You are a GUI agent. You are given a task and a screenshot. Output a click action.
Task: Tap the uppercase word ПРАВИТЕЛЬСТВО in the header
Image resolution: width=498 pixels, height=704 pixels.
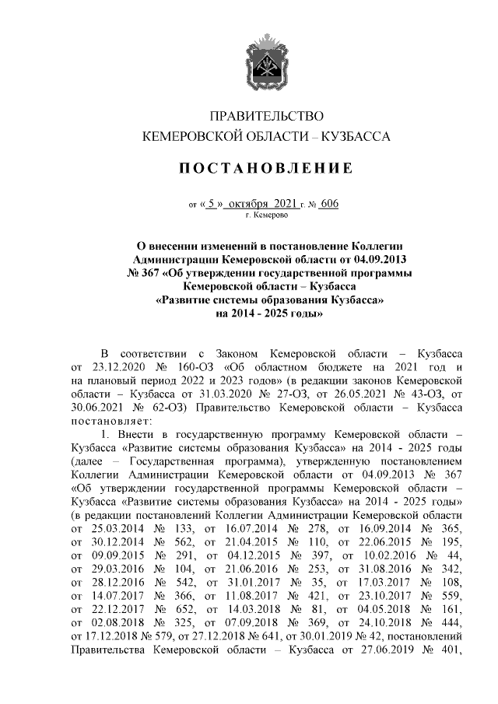tap(266, 117)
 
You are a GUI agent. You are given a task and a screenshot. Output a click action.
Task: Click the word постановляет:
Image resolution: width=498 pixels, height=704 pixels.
tap(110, 422)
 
